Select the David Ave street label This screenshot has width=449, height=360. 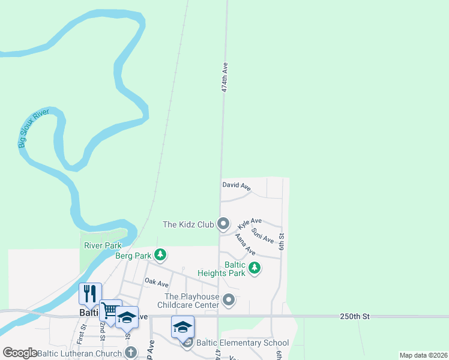click(x=236, y=187)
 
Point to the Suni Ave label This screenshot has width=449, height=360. click(x=263, y=235)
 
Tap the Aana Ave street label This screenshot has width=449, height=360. click(x=245, y=244)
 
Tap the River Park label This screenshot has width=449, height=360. click(x=103, y=245)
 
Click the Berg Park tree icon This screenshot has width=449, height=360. click(x=160, y=256)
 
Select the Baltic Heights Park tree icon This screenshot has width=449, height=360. click(x=255, y=268)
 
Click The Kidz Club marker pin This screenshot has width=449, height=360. click(x=223, y=224)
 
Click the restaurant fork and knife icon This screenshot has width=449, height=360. click(x=90, y=293)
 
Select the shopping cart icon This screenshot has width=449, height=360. click(x=110, y=310)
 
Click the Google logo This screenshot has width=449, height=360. click(x=20, y=353)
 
